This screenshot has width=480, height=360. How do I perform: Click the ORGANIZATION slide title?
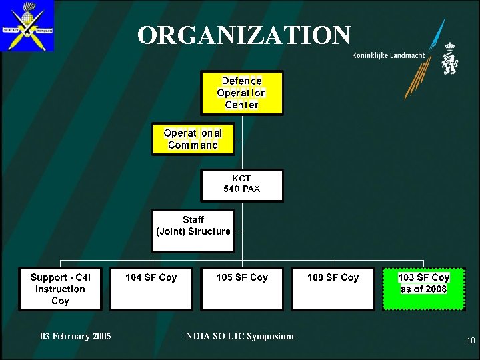(244, 35)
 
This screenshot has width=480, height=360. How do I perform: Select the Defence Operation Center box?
(241, 93)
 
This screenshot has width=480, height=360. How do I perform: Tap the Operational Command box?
(193, 139)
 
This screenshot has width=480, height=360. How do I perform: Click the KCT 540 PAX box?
(241, 185)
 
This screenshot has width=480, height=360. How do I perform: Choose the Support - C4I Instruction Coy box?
(60, 289)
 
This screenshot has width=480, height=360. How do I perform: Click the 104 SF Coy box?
(151, 289)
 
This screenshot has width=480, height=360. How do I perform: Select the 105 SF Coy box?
(242, 289)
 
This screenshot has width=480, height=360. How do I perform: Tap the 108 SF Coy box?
(333, 289)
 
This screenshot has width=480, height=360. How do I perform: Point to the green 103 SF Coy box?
(423, 289)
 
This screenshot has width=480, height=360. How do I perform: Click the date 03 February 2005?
(75, 336)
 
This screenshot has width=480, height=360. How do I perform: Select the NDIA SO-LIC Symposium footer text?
(239, 336)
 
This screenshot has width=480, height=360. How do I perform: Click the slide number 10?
(471, 341)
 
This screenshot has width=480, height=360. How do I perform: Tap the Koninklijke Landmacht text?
(389, 55)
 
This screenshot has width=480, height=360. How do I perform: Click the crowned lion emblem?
(449, 61)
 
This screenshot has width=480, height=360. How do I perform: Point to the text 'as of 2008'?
(423, 289)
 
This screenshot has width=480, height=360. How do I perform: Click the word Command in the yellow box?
(193, 145)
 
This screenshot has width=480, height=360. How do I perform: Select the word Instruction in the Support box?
(60, 289)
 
